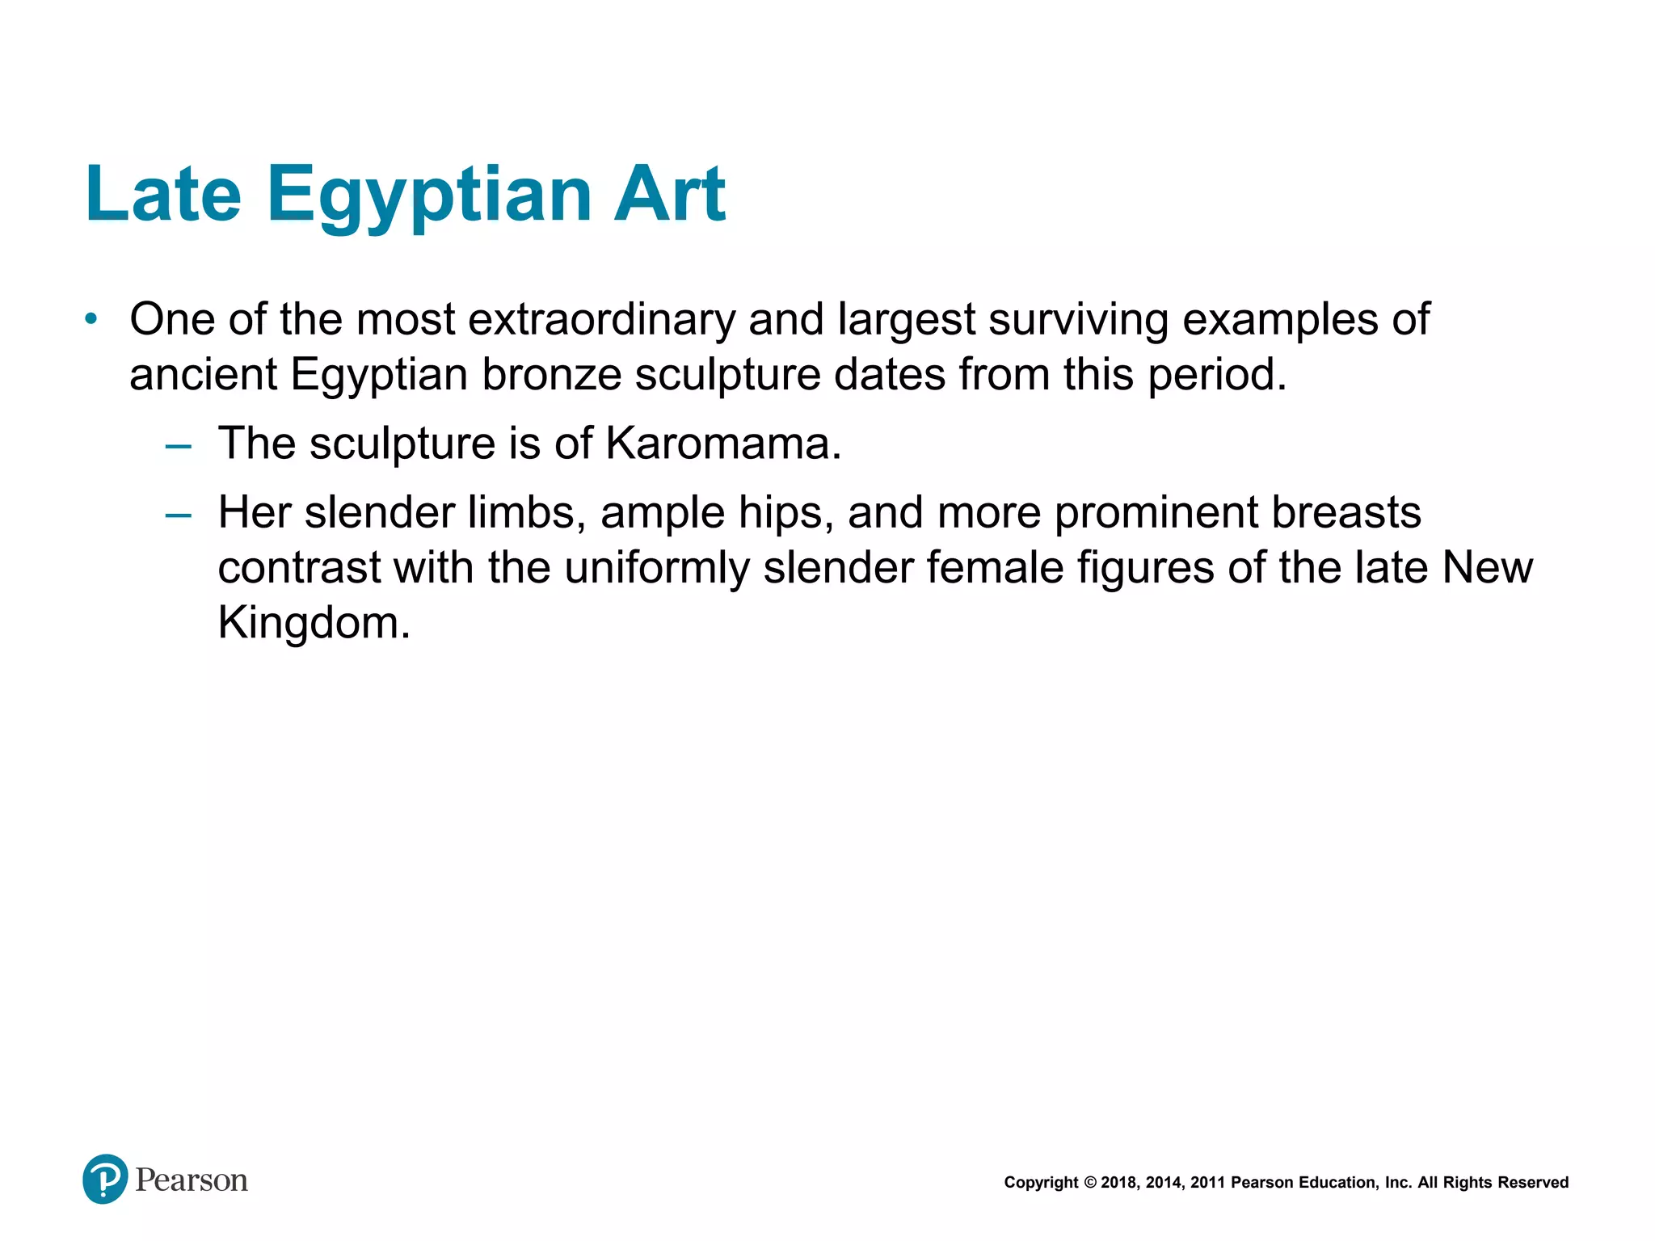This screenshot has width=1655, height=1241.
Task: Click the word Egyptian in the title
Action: pyautogui.click(x=428, y=196)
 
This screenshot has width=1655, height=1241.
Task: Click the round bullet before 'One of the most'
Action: pyautogui.click(x=91, y=319)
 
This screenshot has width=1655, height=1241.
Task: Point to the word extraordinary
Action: pyautogui.click(x=601, y=320)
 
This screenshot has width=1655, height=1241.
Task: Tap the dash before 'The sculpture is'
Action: pyautogui.click(x=178, y=445)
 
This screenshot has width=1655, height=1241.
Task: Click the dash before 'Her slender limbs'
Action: pyautogui.click(x=178, y=515)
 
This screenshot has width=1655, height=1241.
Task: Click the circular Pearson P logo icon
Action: pyautogui.click(x=105, y=1179)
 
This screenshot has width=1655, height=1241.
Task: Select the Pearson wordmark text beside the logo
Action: pyautogui.click(x=192, y=1180)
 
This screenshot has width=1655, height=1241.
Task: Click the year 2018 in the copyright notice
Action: pyautogui.click(x=1118, y=1183)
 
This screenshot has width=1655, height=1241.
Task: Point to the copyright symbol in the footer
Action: pyautogui.click(x=1089, y=1183)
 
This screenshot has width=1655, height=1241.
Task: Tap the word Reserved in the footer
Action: pyautogui.click(x=1533, y=1183)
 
